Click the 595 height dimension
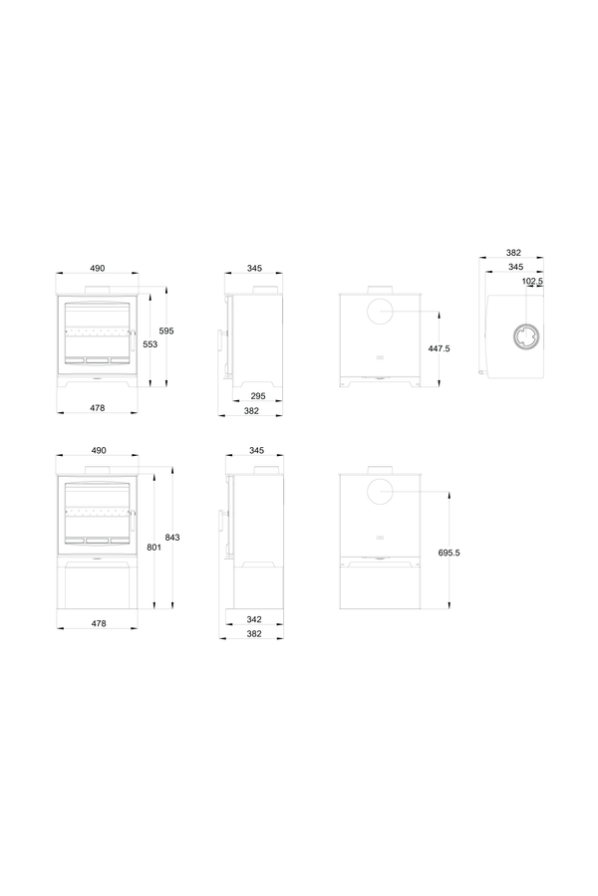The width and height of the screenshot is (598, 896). tap(166, 331)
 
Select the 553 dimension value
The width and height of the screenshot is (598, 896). tap(149, 344)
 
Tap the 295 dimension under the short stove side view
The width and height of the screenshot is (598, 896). tap(258, 396)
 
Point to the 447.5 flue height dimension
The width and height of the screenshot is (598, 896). tap(439, 348)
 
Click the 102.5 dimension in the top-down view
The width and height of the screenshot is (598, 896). tap(532, 281)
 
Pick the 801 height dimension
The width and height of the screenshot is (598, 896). tap(153, 548)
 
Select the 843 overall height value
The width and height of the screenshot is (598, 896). tap(172, 538)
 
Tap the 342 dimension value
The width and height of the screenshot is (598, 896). tap(254, 619)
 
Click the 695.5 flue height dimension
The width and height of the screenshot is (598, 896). tap(449, 554)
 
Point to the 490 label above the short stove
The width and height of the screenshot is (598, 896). tap(98, 268)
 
